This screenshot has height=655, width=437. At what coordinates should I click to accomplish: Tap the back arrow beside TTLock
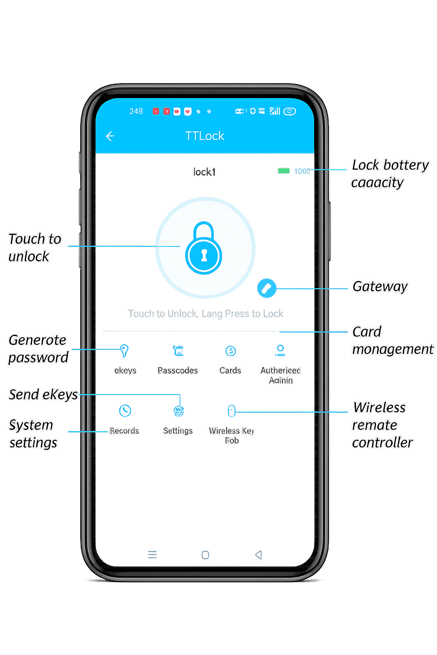point(110,136)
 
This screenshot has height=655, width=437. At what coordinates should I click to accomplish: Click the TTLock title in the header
point(204,136)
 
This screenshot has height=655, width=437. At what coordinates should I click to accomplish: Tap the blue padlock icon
point(204,248)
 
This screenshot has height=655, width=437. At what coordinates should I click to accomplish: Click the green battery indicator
point(283,171)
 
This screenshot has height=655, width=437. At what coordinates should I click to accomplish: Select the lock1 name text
point(204,172)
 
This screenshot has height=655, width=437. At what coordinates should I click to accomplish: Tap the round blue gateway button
point(267,289)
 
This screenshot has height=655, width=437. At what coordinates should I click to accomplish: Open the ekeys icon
point(124,351)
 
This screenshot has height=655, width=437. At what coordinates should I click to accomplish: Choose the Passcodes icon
point(178,351)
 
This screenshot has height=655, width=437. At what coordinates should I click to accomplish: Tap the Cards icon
point(230,351)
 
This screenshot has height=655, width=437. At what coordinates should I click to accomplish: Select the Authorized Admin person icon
point(280,350)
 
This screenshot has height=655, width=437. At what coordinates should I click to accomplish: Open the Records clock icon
point(125,411)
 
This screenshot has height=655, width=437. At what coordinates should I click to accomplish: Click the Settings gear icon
point(178,411)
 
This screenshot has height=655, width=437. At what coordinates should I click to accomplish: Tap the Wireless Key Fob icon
point(231,411)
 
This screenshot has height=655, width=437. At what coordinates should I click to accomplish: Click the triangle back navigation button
point(258,555)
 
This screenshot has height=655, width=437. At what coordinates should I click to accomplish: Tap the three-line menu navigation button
point(152,555)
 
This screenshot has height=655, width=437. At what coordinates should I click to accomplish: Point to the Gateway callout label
point(380,287)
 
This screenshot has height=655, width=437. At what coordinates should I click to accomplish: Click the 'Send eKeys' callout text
point(43,395)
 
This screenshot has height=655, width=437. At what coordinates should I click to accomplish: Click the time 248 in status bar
point(136,111)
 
